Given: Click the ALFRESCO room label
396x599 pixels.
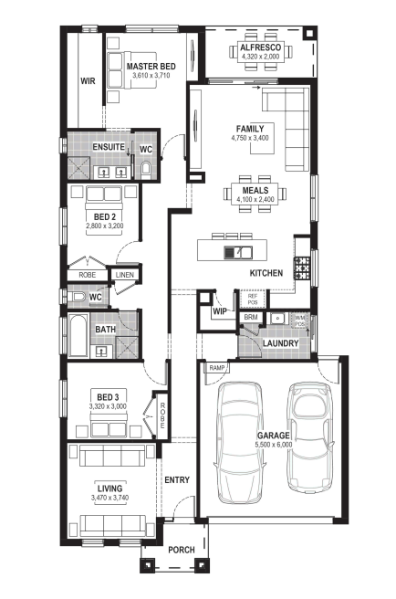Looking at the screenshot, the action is [x=260, y=47].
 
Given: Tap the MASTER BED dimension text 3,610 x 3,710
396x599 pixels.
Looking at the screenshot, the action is [x=151, y=75].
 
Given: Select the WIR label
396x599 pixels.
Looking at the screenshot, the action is [x=88, y=81].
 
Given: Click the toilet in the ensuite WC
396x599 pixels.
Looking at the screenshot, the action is [x=146, y=170].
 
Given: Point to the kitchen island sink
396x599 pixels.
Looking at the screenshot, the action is [x=237, y=252].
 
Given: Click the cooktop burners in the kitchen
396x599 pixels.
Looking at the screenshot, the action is [x=302, y=268].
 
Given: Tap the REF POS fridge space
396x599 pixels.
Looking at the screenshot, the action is [x=253, y=299].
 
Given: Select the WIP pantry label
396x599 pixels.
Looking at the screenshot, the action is [x=220, y=311].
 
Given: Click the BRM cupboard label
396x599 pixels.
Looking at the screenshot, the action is [x=251, y=317].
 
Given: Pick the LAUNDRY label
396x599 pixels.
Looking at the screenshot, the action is [x=281, y=343].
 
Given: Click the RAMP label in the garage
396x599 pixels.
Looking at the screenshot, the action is [x=217, y=368].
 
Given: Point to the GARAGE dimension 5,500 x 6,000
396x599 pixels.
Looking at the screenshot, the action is [x=274, y=445].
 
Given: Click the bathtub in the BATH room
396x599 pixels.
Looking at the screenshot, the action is [x=79, y=335].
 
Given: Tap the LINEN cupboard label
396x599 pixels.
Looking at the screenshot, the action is [x=125, y=275].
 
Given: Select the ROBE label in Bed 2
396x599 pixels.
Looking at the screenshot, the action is [x=88, y=275].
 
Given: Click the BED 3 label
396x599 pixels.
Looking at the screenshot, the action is [x=108, y=397].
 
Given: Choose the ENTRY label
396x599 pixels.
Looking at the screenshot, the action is [x=177, y=479].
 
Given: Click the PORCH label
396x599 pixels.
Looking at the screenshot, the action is [x=182, y=550].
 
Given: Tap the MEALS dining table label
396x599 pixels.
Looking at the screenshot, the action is [x=255, y=190].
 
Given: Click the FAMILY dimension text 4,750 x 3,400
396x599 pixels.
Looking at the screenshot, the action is [x=250, y=138].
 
